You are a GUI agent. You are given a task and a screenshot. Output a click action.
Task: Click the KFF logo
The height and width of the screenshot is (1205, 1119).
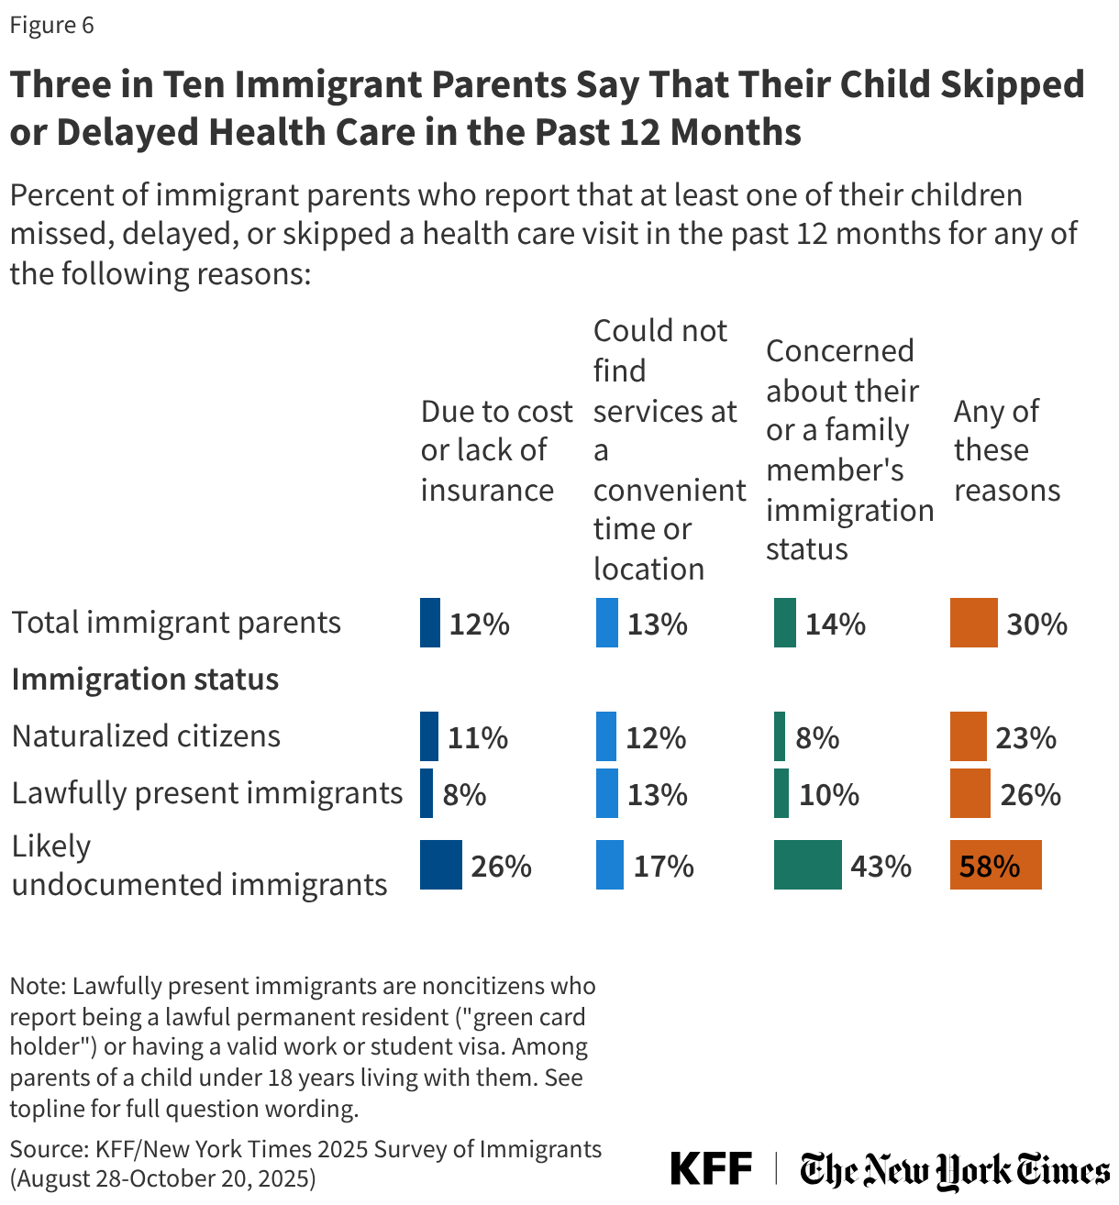click(x=711, y=1169)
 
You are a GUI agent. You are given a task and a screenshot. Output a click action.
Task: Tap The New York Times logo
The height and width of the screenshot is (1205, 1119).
click(x=954, y=1171)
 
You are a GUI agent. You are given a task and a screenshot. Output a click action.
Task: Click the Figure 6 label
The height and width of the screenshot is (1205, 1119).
click(x=51, y=25)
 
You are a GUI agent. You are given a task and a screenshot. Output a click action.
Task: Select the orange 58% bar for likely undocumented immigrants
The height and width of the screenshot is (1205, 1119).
click(x=995, y=865)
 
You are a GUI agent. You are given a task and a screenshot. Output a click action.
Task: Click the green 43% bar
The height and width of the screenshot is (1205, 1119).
click(x=807, y=865)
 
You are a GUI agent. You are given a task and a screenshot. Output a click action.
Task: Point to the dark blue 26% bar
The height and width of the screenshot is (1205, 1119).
click(x=441, y=865)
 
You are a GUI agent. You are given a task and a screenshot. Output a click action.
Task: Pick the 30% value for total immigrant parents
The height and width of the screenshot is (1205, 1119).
click(x=1036, y=625)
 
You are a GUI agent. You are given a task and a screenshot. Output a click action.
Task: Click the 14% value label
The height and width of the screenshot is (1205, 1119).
click(x=835, y=625)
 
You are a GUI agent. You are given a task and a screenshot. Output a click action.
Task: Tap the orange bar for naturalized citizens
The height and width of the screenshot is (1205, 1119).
click(x=968, y=736)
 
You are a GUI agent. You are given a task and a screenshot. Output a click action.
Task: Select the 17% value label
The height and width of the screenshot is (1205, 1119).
click(x=663, y=866)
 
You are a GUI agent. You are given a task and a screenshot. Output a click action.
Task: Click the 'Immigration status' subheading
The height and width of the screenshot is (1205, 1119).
click(x=145, y=680)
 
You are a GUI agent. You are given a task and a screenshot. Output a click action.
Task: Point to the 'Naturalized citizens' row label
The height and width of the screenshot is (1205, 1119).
click(x=146, y=736)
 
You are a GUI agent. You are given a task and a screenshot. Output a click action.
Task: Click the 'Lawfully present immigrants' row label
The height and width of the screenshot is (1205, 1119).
click(x=206, y=793)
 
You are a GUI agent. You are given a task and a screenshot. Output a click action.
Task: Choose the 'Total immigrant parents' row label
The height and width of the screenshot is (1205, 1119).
click(x=175, y=623)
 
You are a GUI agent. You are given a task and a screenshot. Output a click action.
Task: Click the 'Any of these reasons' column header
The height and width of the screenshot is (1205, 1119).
click(x=1006, y=450)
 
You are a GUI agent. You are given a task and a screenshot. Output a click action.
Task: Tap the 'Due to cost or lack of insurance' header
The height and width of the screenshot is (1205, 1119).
click(x=496, y=450)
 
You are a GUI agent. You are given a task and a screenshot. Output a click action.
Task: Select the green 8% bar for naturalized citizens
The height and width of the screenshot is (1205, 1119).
click(x=780, y=736)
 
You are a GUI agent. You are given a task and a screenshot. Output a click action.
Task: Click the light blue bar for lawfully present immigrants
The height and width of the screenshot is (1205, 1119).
click(x=607, y=793)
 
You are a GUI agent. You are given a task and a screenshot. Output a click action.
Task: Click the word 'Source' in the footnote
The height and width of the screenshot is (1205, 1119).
click(x=45, y=1149)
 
